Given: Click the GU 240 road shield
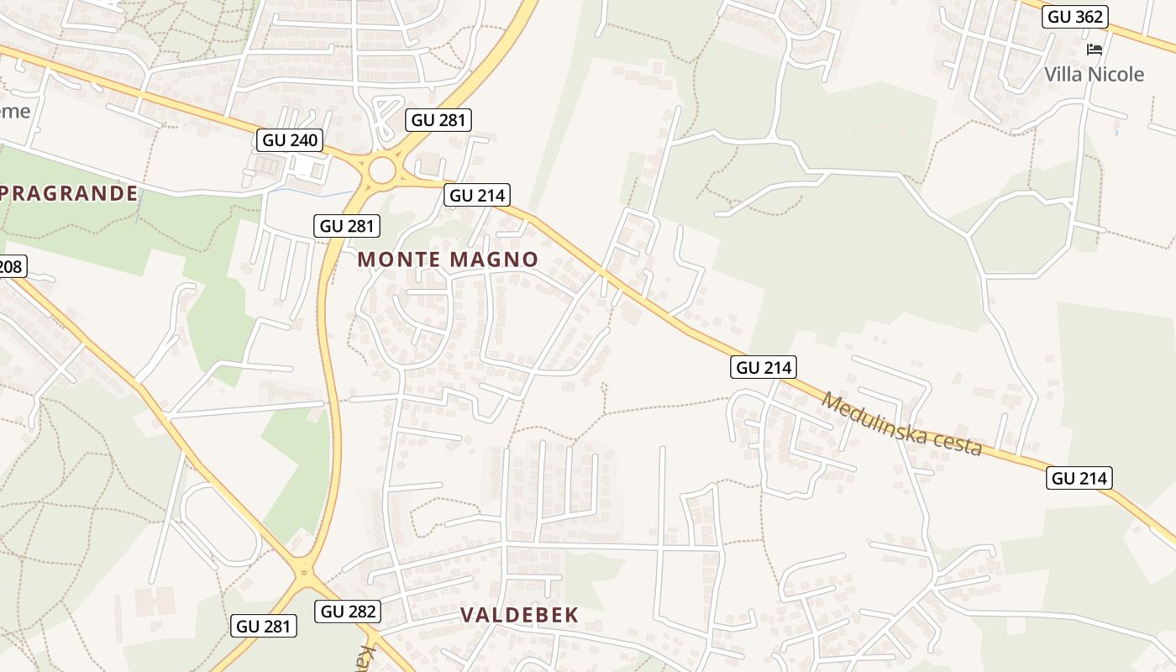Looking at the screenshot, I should [x=291, y=140].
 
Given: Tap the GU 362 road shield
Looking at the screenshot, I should [x=1074, y=17].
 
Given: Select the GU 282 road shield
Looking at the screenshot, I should [x=349, y=612].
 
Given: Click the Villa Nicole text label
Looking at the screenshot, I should [x=1094, y=75].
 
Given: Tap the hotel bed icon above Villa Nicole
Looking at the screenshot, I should [x=1094, y=50].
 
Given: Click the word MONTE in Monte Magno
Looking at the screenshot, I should [x=398, y=260].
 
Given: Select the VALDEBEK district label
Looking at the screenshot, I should [x=520, y=616].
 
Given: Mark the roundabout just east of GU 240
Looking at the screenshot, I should [x=381, y=171].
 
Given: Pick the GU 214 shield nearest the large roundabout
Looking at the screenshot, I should [x=477, y=196].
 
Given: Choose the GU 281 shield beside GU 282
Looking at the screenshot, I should [x=264, y=626].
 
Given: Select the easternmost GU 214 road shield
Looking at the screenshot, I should [x=1079, y=479].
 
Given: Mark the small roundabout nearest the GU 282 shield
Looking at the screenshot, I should [x=305, y=574].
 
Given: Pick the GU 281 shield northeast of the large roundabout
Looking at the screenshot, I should [x=438, y=120].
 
